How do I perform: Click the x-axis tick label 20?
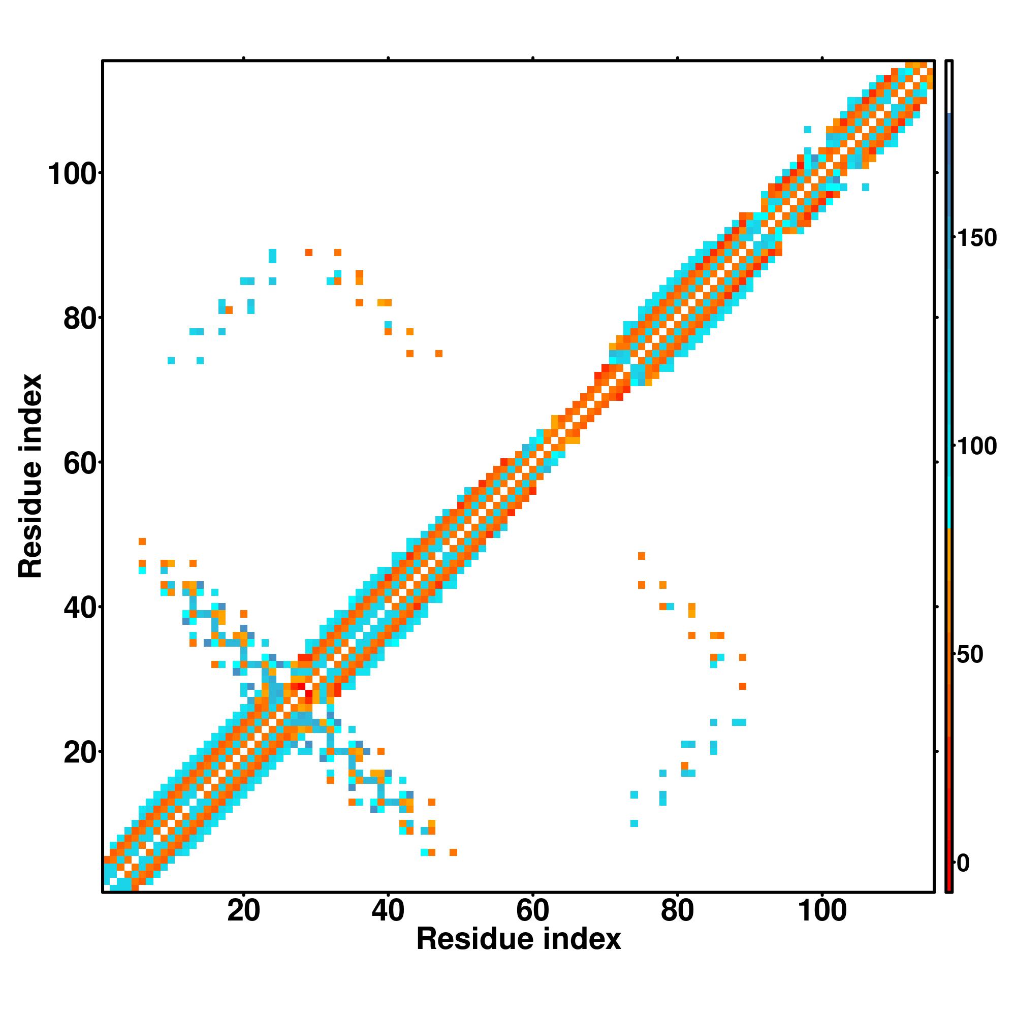pyautogui.click(x=243, y=911)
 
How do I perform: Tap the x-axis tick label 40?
pyautogui.click(x=388, y=911)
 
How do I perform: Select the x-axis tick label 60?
pyautogui.click(x=533, y=911)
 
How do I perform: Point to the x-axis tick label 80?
pyautogui.click(x=677, y=911)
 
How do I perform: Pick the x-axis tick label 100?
pyautogui.click(x=822, y=911)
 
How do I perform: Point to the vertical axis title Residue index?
pyautogui.click(x=30, y=476)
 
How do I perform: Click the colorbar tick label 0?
pyautogui.click(x=963, y=863)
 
